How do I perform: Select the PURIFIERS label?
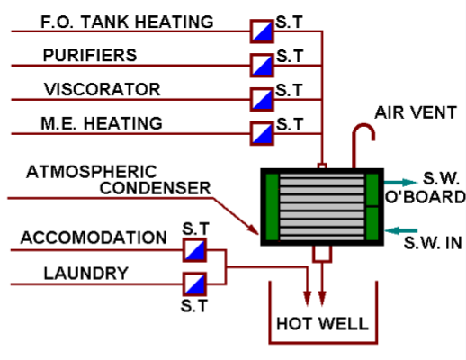pos(90,56)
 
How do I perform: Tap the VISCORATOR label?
pos(102,89)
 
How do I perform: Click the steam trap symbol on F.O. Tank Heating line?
pos(261,31)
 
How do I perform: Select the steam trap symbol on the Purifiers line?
pos(261,65)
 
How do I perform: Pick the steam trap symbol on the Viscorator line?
pos(261,98)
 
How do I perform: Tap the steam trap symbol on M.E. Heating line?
pos(261,132)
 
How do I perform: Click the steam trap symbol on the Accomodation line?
pos(194,249)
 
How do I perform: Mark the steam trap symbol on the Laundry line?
pos(194,283)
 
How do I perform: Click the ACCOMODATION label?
pos(94,238)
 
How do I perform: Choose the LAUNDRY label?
pos(75,273)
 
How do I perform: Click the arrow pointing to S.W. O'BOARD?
pos(400,180)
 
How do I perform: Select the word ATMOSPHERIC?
pos(91,170)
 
